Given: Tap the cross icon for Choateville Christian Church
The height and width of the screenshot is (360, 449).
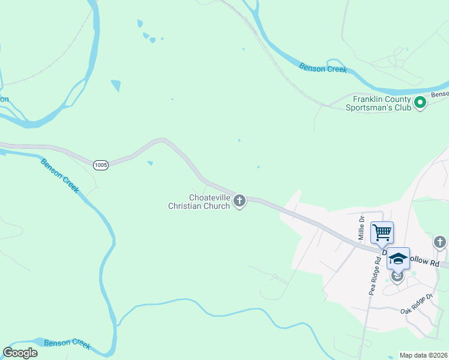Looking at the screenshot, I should click(x=240, y=200).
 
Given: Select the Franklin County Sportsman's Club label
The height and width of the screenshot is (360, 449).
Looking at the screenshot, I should click(x=381, y=103).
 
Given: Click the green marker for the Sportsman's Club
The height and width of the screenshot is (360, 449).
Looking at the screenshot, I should click(x=421, y=103).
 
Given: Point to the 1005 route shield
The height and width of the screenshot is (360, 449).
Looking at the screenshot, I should click(x=101, y=164).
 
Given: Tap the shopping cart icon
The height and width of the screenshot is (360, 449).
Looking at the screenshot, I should click(x=382, y=232).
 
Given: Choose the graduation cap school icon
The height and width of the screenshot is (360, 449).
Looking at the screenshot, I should click(x=398, y=259).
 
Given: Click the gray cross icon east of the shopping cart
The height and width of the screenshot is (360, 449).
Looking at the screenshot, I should click(x=440, y=242).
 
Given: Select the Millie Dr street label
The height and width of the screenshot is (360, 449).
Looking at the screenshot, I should click(x=362, y=228).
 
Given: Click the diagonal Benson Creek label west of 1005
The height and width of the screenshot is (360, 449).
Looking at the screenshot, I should click(x=60, y=175).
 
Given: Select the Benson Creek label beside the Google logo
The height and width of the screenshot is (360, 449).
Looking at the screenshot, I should click(x=68, y=343).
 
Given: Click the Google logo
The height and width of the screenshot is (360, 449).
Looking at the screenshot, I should click(x=20, y=353).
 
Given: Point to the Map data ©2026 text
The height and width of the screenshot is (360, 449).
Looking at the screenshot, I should click(x=423, y=355).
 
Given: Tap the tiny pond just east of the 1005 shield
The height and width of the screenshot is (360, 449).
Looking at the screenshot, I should click(x=149, y=163).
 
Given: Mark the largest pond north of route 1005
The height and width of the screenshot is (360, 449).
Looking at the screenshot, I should click(x=116, y=86).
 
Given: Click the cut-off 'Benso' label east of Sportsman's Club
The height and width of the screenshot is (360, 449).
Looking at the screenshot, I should click(x=439, y=94).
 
